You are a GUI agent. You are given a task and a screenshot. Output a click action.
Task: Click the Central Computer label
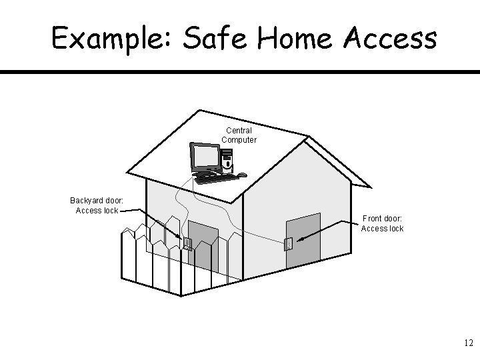(239, 135)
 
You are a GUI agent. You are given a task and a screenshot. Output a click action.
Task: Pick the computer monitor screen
(205, 157)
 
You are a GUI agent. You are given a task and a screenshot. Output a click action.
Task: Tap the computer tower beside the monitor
(228, 160)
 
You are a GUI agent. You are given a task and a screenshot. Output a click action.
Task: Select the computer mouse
(242, 175)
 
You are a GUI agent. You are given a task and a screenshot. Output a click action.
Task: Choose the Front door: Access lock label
(382, 223)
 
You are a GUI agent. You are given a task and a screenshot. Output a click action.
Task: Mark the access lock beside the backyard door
(187, 244)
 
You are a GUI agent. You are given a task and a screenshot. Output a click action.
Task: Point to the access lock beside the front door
(289, 244)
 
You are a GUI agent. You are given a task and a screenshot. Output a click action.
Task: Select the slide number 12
(467, 343)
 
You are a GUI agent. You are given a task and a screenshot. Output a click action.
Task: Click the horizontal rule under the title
(240, 71)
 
